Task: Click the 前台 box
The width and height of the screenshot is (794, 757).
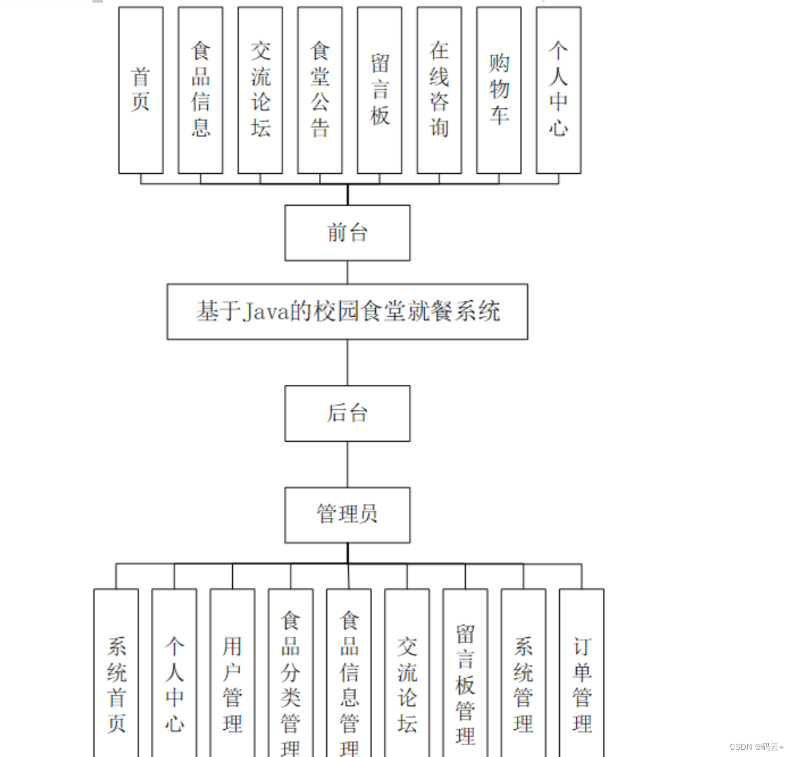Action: pyautogui.click(x=347, y=233)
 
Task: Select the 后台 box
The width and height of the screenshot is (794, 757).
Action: pyautogui.click(x=347, y=413)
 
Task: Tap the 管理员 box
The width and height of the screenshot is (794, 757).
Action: pyautogui.click(x=347, y=515)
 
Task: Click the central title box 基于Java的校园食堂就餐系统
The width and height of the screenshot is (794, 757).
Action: pyautogui.click(x=347, y=311)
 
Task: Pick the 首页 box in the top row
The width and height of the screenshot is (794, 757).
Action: pyautogui.click(x=141, y=91)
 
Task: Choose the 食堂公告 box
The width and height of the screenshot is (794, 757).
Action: pyautogui.click(x=320, y=91)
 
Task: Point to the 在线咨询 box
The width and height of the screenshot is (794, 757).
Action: pyautogui.click(x=439, y=91)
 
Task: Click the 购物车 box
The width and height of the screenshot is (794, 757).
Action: pyautogui.click(x=499, y=91)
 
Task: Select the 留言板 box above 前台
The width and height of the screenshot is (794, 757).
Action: pyautogui.click(x=380, y=91)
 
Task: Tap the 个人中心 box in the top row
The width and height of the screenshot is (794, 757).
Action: pyautogui.click(x=558, y=91)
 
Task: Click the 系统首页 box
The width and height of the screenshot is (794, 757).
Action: pyautogui.click(x=116, y=681)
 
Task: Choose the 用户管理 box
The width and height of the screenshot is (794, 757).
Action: pyautogui.click(x=232, y=681)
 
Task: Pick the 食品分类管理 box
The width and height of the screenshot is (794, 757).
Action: pyautogui.click(x=290, y=681)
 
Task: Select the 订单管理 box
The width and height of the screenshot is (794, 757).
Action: pyautogui.click(x=582, y=681)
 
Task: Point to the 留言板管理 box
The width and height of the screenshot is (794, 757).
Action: pyautogui.click(x=465, y=681)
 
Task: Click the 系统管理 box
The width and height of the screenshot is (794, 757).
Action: pyautogui.click(x=523, y=681)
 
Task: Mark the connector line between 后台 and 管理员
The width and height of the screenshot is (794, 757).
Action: pyautogui.click(x=347, y=464)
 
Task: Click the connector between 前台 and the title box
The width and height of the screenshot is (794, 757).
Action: pyautogui.click(x=347, y=272)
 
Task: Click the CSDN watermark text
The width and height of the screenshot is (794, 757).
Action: pyautogui.click(x=756, y=746)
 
